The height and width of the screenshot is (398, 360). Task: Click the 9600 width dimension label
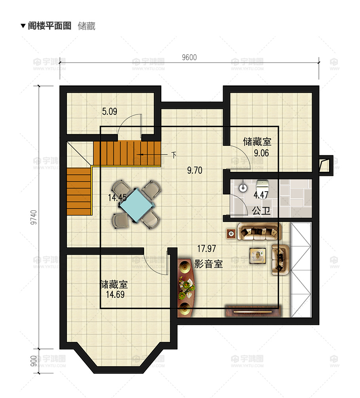tap(189, 57)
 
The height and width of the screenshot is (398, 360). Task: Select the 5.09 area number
tap(110, 112)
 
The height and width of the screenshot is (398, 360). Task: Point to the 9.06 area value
tap(261, 153)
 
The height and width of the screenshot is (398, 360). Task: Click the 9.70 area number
tap(195, 171)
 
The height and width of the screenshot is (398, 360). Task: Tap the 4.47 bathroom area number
tap(261, 195)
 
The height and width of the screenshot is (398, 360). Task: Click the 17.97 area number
tap(207, 249)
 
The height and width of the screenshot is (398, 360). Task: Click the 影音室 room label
tap(208, 264)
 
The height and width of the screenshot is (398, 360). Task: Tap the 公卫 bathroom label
tap(261, 211)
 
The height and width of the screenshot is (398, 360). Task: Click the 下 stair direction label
tap(174, 154)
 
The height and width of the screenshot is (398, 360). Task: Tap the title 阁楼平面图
tap(49, 26)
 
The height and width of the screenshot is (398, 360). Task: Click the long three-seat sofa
tap(259, 232)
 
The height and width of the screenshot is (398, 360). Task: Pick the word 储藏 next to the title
tap(86, 26)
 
